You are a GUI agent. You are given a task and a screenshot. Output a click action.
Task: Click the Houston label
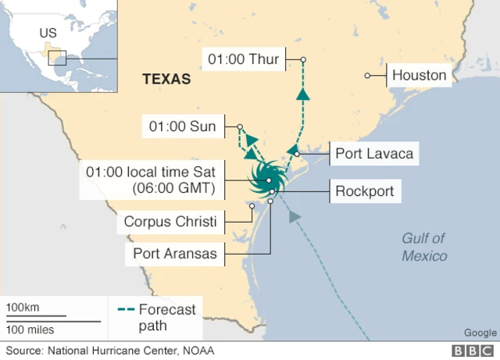tap(419, 76)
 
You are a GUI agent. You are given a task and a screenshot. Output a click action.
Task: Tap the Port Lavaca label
tap(373, 154)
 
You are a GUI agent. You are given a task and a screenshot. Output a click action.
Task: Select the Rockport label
tap(364, 191)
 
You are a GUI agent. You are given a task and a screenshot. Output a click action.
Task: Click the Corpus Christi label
tap(170, 222)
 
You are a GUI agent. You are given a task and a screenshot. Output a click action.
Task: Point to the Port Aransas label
tap(175, 253)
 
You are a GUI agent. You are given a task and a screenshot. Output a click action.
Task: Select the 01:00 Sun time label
tap(182, 127)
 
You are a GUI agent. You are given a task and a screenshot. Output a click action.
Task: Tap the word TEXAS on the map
tap(166, 79)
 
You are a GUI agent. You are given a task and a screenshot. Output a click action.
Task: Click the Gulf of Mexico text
tap(424, 247)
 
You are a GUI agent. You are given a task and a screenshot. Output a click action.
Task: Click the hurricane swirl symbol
tap(267, 180)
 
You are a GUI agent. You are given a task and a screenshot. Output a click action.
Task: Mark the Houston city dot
tap(367, 76)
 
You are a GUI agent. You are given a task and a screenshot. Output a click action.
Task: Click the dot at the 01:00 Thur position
tap(303, 59)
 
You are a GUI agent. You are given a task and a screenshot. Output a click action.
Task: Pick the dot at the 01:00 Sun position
tap(241, 127)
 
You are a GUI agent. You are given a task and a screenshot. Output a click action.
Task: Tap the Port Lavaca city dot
tap(297, 154)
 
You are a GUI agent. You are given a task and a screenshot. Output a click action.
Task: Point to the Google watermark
tap(480, 332)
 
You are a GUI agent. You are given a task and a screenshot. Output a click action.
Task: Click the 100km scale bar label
tap(22, 308)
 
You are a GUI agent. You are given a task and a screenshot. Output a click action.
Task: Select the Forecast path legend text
tap(166, 317)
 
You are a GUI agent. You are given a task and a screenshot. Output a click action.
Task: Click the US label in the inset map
tap(48, 34)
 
